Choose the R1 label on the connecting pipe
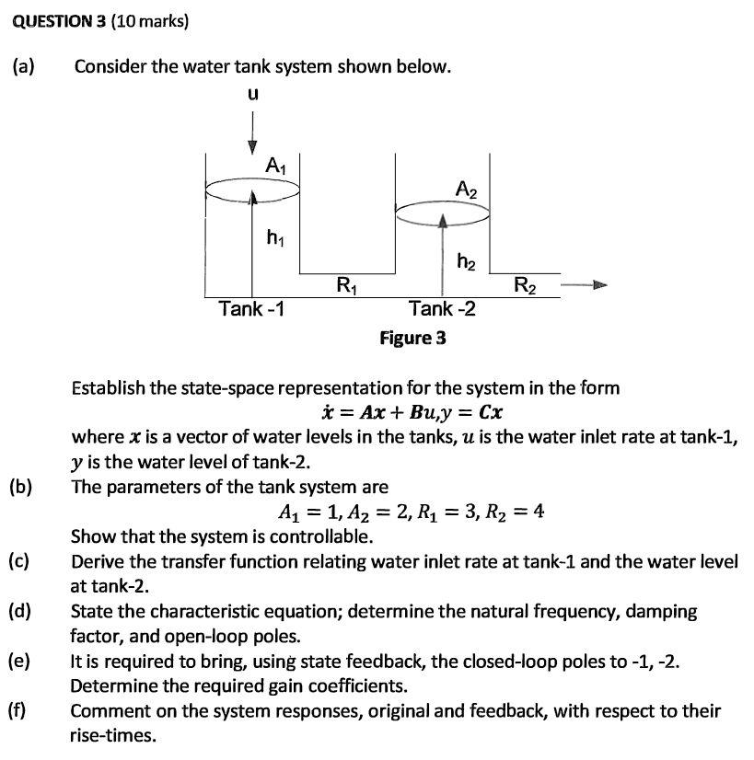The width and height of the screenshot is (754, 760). [347, 283]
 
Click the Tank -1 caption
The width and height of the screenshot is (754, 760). [250, 308]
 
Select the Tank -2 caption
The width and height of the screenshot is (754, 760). [442, 308]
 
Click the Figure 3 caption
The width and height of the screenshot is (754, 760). [413, 338]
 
